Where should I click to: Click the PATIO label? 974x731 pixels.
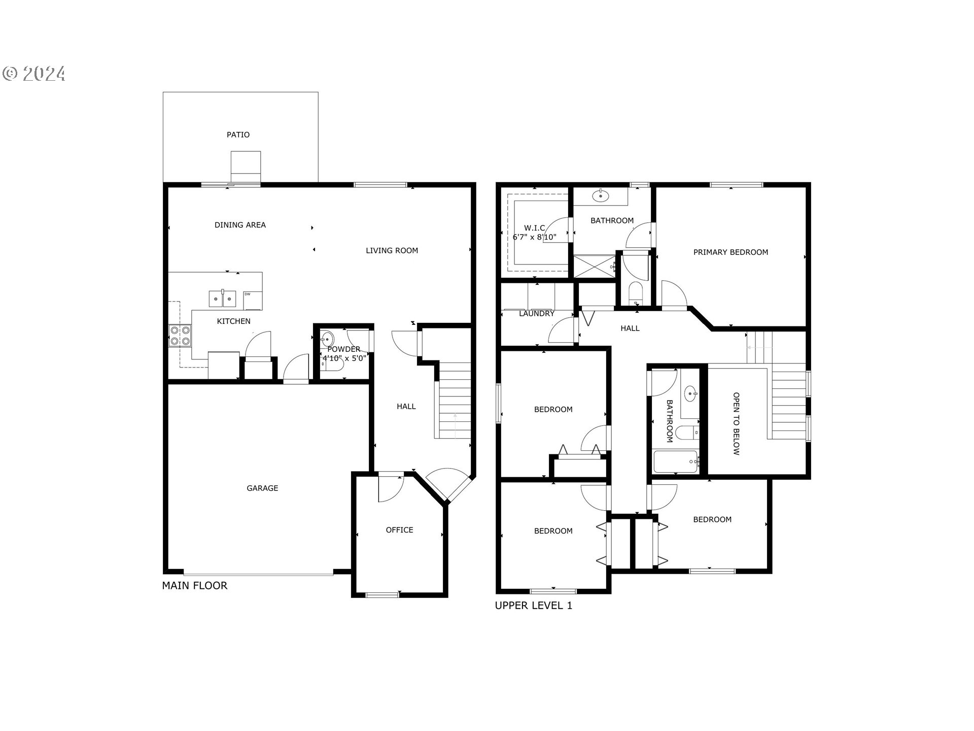[238, 135]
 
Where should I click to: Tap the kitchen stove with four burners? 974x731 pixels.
[180, 336]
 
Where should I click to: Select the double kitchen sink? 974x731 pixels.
[223, 298]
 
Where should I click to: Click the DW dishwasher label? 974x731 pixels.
[248, 294]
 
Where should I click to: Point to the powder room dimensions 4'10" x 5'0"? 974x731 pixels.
[344, 358]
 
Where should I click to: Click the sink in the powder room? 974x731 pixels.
[327, 339]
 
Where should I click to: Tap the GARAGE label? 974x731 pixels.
[262, 488]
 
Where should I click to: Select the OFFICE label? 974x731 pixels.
[399, 530]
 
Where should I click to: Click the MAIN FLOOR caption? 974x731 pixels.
[195, 586]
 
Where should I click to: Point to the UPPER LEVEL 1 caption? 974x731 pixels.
[534, 606]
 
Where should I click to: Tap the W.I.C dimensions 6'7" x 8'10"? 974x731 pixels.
[534, 237]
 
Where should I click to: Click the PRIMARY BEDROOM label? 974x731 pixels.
[730, 252]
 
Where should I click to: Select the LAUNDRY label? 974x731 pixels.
[536, 314]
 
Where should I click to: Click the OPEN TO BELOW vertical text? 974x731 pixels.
[736, 423]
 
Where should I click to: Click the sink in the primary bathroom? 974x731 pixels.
[601, 195]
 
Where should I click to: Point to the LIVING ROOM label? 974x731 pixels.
[392, 250]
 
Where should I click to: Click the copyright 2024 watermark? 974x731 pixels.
[34, 74]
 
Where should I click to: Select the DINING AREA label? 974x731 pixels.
[240, 225]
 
